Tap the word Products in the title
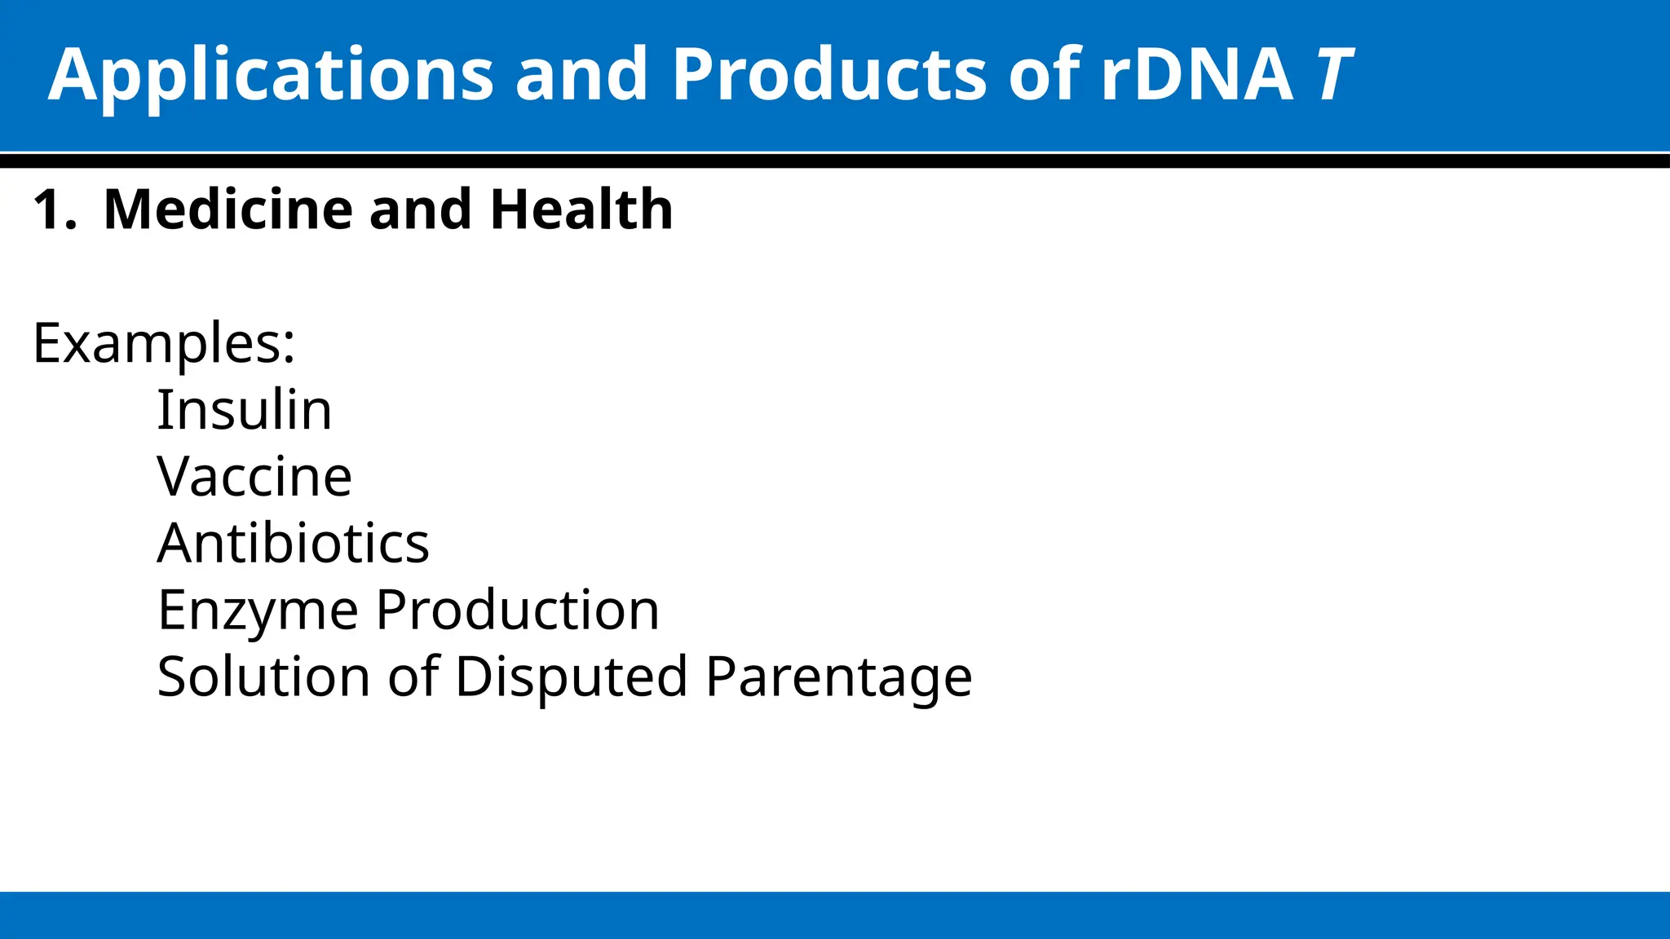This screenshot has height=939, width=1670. click(828, 75)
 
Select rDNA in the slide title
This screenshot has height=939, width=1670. click(1196, 75)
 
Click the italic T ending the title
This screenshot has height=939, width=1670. click(1333, 75)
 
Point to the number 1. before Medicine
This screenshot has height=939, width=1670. click(55, 210)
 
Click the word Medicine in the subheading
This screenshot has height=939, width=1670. click(230, 210)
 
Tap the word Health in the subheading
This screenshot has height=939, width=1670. click(581, 210)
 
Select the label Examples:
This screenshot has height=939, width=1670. click(164, 344)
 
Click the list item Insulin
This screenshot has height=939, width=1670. click(244, 410)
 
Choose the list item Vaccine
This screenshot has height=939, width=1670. click(254, 477)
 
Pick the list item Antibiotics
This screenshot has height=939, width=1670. click(293, 544)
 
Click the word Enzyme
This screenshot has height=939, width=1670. click(258, 611)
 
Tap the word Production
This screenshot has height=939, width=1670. click(517, 611)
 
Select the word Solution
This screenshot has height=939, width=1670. click(263, 677)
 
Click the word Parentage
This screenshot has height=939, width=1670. click(838, 677)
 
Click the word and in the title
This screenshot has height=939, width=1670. click(581, 75)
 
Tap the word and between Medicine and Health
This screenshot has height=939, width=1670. click(420, 210)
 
